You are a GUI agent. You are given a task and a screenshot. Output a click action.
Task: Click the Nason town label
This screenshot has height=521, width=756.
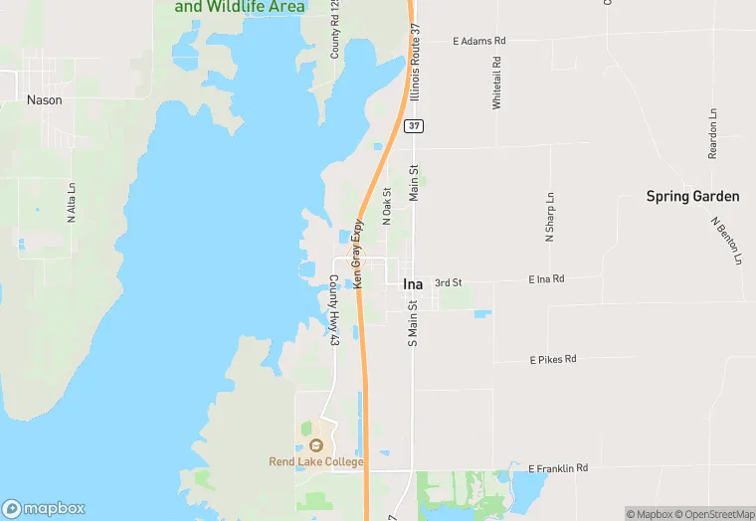[x=44, y=100]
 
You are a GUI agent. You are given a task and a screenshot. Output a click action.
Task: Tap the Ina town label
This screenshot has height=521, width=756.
[x=413, y=284]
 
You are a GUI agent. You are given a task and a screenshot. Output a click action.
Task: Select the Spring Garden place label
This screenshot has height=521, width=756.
[x=692, y=196]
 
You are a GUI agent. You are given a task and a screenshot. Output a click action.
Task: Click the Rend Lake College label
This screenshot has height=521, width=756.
[x=316, y=461]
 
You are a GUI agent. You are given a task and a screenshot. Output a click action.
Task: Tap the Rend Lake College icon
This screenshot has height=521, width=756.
[x=316, y=443]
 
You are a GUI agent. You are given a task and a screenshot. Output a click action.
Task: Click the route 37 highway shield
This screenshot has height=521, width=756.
[x=413, y=125]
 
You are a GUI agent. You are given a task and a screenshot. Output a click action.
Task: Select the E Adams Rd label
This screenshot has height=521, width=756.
[x=479, y=41]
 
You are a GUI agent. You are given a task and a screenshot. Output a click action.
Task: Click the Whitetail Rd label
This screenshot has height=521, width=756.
[x=496, y=83]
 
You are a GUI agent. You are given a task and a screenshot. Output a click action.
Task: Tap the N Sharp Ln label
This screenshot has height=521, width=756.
[x=548, y=218]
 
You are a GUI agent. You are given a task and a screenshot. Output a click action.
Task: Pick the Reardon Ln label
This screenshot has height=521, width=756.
[x=712, y=133]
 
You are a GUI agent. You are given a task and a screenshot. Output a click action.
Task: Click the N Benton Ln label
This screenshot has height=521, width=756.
[x=728, y=240]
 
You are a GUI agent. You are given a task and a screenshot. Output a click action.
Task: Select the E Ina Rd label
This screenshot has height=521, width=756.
[x=546, y=279]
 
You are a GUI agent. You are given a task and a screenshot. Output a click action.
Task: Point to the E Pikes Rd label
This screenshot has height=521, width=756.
[x=552, y=359]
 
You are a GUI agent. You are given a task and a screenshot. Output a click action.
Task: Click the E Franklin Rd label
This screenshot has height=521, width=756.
[x=558, y=467]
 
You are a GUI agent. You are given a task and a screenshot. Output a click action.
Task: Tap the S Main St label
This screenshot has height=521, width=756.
[x=413, y=323]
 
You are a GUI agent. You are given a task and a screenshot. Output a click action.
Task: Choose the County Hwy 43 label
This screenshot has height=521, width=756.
[x=335, y=310]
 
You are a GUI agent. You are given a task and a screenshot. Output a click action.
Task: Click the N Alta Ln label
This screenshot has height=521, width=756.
[x=72, y=202]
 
